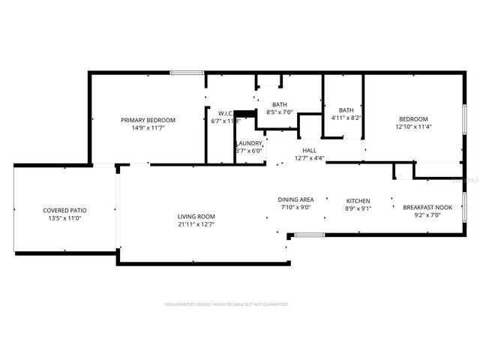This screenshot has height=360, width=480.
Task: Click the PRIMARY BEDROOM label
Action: (148, 120)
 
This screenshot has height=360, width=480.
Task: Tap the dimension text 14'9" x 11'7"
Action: (148, 128)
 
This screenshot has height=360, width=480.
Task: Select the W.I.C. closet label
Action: (218, 113)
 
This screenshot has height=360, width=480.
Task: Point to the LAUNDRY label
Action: (249, 143)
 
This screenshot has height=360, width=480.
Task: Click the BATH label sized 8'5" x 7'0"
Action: (280, 105)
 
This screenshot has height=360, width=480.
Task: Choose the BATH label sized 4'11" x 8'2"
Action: (346, 110)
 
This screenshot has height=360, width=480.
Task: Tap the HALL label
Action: (309, 150)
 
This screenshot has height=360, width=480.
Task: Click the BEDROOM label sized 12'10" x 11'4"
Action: (413, 119)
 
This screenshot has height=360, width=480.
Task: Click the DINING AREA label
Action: (295, 199)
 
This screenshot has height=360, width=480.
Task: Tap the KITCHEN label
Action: (358, 201)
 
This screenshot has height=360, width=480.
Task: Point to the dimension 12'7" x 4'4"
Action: (309, 158)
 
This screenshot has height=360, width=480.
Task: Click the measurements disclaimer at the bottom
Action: (226, 304)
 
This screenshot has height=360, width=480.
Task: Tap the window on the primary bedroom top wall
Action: (187, 73)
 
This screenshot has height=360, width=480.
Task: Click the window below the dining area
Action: (308, 235)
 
